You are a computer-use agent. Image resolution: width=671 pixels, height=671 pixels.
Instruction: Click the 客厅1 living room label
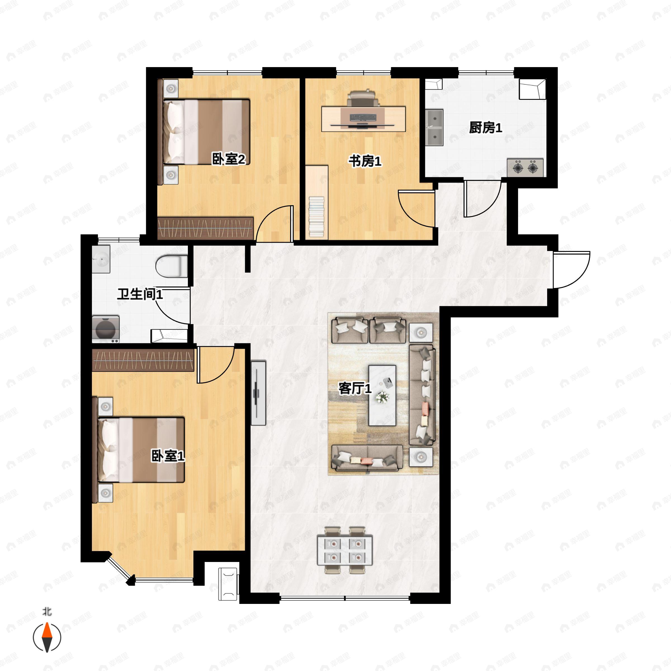[x=355, y=388]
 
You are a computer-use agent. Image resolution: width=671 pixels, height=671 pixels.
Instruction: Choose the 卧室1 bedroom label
[x=168, y=456]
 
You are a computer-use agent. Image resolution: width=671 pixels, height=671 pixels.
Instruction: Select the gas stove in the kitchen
[x=525, y=168]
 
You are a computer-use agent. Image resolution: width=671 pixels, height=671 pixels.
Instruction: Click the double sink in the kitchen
[x=434, y=127]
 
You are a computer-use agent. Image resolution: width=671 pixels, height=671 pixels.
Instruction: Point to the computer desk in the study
[x=363, y=119]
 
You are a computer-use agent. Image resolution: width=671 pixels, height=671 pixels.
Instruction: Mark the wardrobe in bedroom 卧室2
[x=205, y=228]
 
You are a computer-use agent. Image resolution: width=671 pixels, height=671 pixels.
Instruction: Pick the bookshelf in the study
[x=317, y=202]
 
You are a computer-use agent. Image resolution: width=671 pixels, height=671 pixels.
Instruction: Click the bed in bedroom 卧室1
[x=141, y=450]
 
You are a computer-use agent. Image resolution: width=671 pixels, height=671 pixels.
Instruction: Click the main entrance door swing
[x=571, y=270]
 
